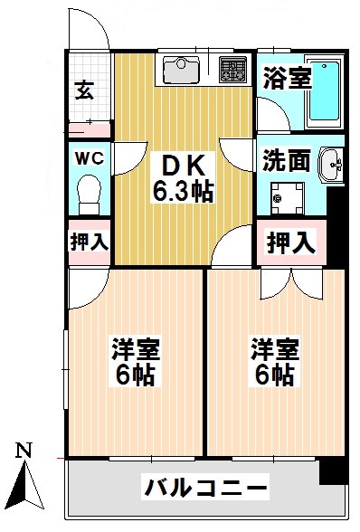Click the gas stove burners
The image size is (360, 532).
[x=233, y=67]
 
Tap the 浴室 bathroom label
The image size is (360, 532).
[x=287, y=78]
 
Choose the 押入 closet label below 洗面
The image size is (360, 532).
[x=291, y=242]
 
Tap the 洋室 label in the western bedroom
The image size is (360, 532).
[x=132, y=349]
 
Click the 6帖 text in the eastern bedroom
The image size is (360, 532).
[x=273, y=374]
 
